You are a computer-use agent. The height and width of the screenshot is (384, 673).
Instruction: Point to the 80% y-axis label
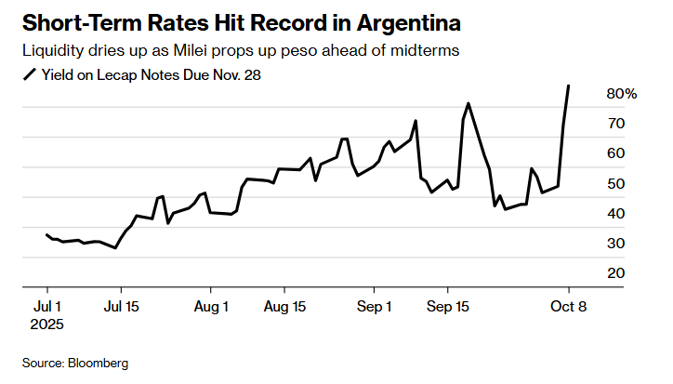(622, 94)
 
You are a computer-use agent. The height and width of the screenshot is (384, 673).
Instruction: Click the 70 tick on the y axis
(616, 124)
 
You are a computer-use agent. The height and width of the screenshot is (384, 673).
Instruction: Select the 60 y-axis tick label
(616, 153)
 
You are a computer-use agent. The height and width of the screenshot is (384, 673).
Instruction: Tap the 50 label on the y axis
(616, 184)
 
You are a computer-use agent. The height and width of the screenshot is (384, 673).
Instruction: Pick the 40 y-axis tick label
(616, 214)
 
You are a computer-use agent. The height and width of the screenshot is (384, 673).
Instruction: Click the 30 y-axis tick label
(616, 244)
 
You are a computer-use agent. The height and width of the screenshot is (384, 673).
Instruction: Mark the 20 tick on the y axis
(616, 273)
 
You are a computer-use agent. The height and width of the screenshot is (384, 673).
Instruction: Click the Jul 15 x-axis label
(120, 305)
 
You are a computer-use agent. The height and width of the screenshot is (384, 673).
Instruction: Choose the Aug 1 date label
(213, 305)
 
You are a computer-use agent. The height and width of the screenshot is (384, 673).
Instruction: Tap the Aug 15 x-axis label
(285, 305)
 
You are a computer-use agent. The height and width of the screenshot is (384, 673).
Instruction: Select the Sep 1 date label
(376, 305)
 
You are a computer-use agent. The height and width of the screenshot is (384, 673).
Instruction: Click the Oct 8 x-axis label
(569, 305)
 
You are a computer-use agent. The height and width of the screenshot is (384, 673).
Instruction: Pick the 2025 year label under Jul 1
(46, 324)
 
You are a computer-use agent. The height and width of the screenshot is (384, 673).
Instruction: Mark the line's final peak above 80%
(569, 86)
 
